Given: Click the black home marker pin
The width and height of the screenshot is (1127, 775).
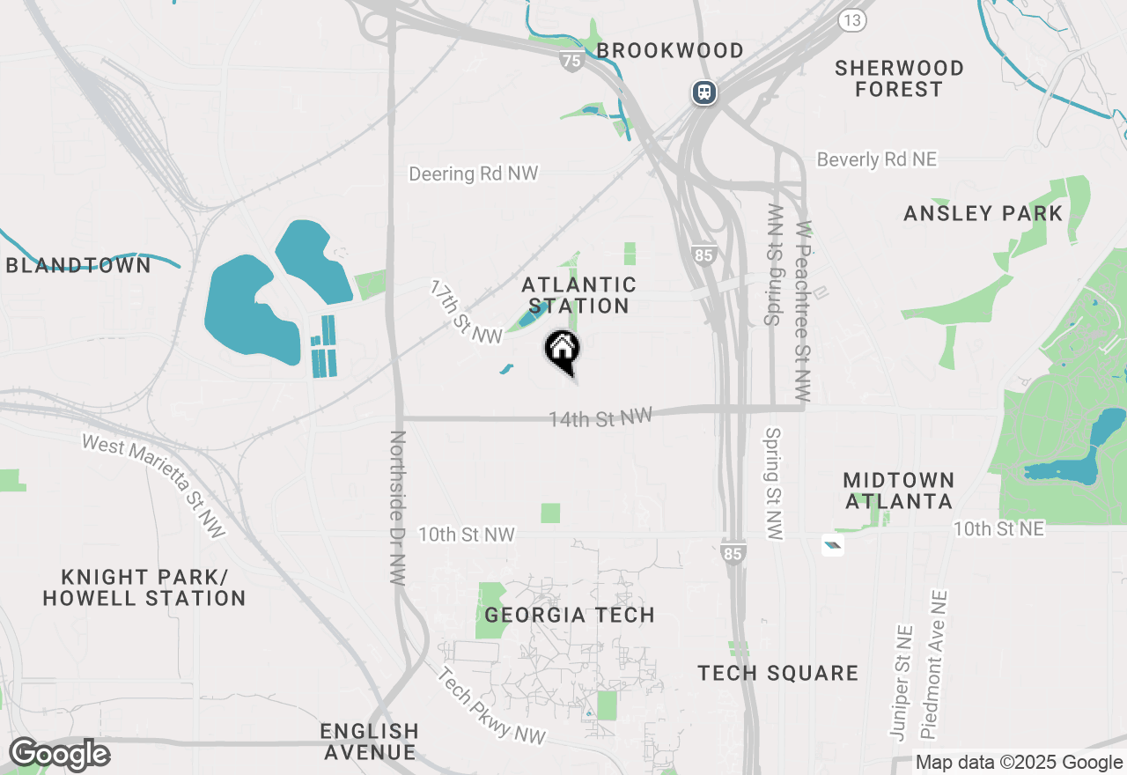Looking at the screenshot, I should click(x=562, y=351).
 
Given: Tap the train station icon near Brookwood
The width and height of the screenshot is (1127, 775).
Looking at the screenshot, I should click(x=703, y=92).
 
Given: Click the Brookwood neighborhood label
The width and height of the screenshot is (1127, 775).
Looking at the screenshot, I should click(x=670, y=50).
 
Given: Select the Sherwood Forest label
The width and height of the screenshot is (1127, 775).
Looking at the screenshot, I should click(x=899, y=78).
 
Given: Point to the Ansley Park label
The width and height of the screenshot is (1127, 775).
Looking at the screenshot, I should click(x=983, y=213).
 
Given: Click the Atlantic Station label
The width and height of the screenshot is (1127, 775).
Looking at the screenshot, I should click(x=578, y=295).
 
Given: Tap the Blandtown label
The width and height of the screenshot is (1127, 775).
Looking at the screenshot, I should click(x=78, y=265).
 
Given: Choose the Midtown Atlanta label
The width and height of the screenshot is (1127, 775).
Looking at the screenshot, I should click(x=898, y=491).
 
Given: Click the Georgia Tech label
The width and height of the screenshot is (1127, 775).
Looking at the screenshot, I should click(x=570, y=615).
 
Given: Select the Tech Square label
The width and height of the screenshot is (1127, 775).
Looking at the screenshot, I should click(x=777, y=673).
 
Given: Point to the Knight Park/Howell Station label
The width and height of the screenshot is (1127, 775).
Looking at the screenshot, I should click(x=144, y=587).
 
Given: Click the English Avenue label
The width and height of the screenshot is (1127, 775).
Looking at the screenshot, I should click(x=370, y=742).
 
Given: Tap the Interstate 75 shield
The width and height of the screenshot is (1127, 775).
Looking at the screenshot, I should click(x=571, y=60).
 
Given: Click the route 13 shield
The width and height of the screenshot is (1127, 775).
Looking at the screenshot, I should click(x=851, y=20).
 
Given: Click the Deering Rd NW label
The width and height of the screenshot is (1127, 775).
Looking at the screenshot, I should click(x=473, y=173).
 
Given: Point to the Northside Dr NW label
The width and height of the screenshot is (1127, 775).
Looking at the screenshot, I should click(x=398, y=508).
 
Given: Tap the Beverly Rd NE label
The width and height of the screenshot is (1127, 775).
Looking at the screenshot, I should click(x=876, y=159).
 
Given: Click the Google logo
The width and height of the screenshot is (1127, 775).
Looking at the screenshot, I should click(x=59, y=754).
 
